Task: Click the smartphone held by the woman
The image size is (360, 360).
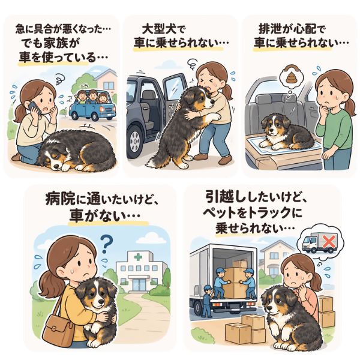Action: [x=34, y=107]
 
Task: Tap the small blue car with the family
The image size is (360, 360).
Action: [x=92, y=107]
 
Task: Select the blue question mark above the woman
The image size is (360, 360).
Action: [x=106, y=245]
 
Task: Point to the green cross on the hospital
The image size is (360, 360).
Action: [x=138, y=257]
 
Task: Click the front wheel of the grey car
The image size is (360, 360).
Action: [x=135, y=142]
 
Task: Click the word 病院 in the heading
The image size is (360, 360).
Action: [x=60, y=199]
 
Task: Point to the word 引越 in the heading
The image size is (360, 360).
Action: [x=220, y=197]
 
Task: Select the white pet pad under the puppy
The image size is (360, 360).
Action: [x=284, y=145]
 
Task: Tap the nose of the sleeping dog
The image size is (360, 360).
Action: [x=55, y=166]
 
